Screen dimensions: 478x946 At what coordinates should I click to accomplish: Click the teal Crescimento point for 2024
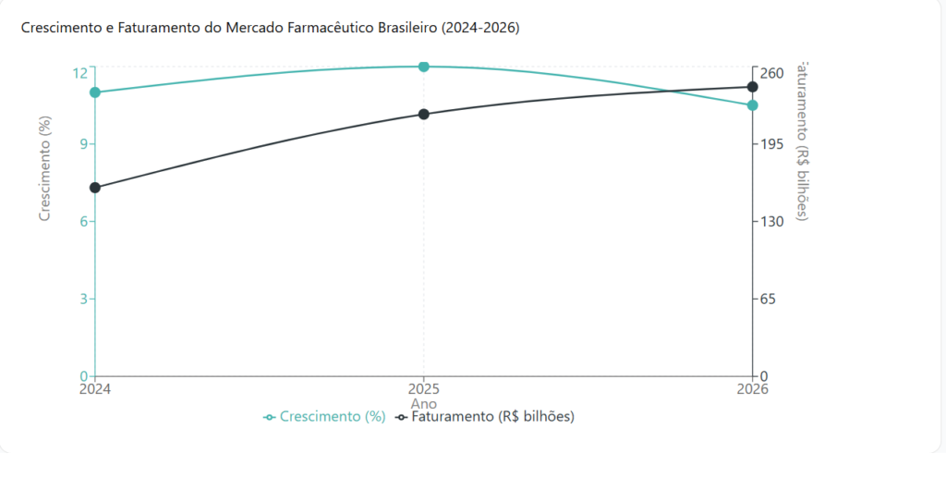(95, 92)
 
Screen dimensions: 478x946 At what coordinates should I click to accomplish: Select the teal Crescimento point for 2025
(424, 67)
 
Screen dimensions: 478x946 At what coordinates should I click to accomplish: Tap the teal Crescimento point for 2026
(752, 105)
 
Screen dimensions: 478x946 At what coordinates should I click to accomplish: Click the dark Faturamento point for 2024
(95, 188)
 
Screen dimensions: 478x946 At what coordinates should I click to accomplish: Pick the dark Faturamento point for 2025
(424, 115)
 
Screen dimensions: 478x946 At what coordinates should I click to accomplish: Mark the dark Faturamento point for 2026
(752, 87)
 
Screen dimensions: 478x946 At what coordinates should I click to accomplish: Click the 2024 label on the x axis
(95, 389)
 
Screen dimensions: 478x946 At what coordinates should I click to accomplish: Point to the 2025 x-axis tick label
(424, 389)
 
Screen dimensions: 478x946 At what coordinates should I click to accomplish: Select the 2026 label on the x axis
(752, 389)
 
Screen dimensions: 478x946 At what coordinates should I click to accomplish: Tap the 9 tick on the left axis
(81, 143)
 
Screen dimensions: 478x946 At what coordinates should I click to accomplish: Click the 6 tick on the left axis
(81, 221)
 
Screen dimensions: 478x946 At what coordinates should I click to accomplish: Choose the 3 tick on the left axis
(81, 299)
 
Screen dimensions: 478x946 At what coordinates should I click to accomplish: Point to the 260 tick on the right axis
(772, 73)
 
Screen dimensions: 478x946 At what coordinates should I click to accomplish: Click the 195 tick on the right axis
(772, 143)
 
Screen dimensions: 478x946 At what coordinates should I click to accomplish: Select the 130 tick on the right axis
(772, 221)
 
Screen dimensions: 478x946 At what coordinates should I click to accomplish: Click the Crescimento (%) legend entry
(324, 417)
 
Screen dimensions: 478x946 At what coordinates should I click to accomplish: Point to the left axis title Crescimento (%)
(43, 168)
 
